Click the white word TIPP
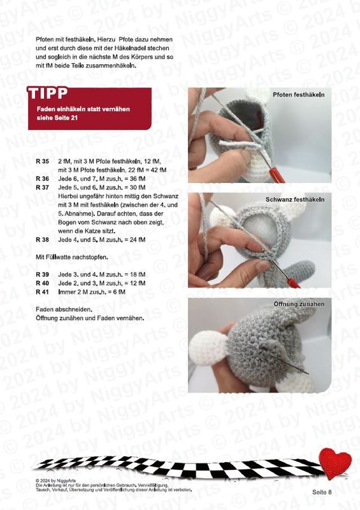(48, 93)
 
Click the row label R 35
(42, 161)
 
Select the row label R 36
(42, 178)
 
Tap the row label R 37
(42, 187)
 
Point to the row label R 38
(42, 240)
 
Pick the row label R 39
(42, 275)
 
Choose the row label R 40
(42, 283)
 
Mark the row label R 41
(42, 292)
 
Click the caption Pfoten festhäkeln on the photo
(299, 95)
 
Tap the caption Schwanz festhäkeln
(295, 200)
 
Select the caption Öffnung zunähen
(299, 304)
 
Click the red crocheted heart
(335, 462)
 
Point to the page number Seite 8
(322, 492)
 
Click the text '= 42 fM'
(155, 170)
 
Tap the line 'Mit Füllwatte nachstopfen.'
(72, 258)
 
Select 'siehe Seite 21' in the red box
(57, 118)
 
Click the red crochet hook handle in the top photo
(276, 175)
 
